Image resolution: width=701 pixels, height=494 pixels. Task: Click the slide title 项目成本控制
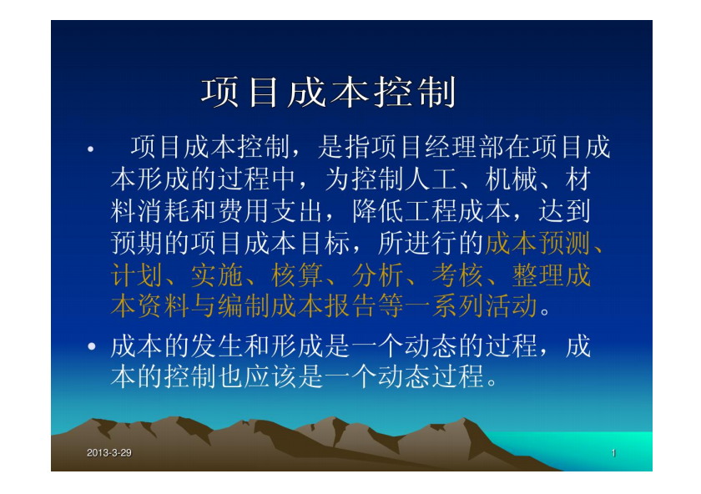click(x=329, y=92)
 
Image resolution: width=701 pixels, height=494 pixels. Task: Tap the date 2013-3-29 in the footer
click(x=109, y=453)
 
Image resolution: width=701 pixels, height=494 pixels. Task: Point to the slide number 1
click(x=613, y=453)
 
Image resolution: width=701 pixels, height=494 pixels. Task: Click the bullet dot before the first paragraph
click(x=91, y=149)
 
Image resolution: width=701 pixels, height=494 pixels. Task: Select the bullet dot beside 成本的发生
click(x=92, y=346)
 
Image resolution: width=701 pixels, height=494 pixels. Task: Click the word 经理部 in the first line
click(x=465, y=147)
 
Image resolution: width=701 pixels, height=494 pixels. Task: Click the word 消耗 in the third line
click(x=164, y=211)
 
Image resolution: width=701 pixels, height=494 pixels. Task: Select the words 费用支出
click(x=270, y=211)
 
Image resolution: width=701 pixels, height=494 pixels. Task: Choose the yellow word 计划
click(x=136, y=275)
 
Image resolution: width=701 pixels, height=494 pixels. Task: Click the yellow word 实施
click(x=217, y=275)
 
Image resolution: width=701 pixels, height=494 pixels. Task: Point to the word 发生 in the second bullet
click(x=217, y=346)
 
